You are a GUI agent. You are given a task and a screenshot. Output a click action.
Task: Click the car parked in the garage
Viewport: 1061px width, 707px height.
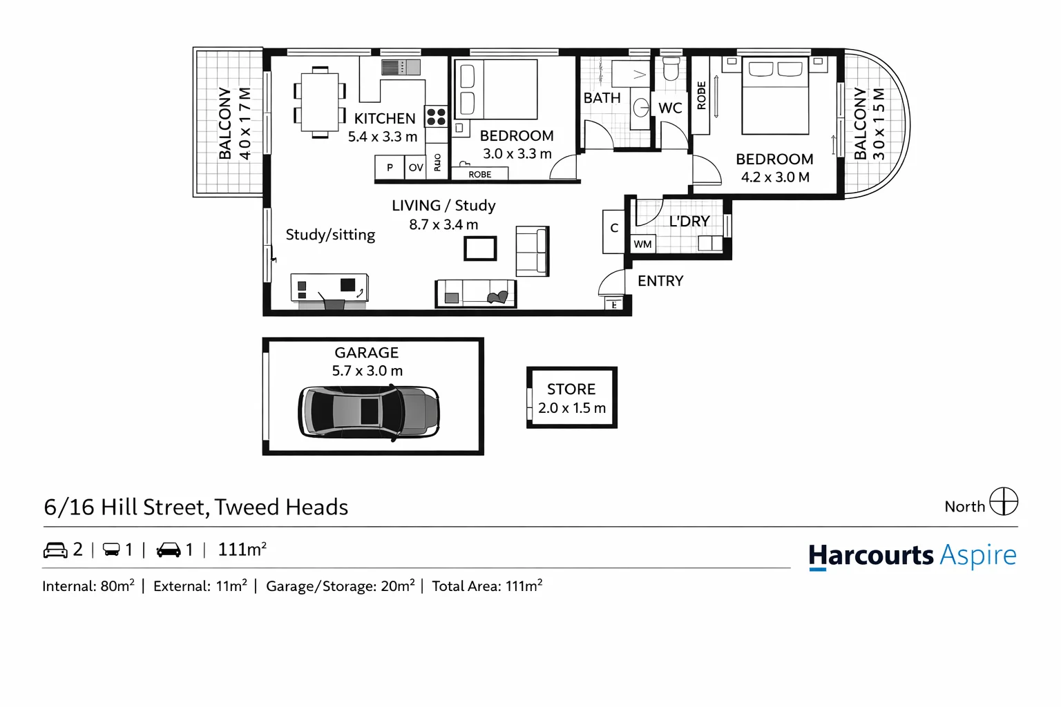[x=369, y=412]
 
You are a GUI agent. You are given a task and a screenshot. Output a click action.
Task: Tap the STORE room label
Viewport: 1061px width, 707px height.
[x=571, y=389]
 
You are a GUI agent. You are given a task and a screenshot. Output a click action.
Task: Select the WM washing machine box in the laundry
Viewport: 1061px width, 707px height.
[x=642, y=244]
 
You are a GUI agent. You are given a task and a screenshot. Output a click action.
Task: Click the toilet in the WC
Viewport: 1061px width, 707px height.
[x=671, y=68]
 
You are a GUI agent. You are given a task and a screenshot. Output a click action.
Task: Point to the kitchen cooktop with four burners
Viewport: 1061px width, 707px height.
[x=436, y=116]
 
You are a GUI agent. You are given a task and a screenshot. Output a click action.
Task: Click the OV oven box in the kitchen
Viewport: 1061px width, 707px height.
[x=416, y=168]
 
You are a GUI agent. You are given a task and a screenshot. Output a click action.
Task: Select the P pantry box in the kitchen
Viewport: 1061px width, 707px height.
[x=390, y=168]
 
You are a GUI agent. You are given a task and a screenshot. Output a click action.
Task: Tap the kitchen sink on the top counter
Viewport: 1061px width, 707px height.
[x=401, y=67]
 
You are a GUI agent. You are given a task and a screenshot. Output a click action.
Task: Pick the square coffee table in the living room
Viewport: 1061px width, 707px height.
[x=480, y=249]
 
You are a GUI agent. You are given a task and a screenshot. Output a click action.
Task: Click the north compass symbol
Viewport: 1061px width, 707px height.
[x=1003, y=502]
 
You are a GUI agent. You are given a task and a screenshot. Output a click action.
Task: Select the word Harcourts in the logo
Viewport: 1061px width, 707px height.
[x=871, y=556]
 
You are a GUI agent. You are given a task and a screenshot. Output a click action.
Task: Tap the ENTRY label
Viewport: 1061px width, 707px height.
[x=660, y=281]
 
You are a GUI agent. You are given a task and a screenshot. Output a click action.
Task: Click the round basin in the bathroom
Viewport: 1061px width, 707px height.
[x=641, y=107]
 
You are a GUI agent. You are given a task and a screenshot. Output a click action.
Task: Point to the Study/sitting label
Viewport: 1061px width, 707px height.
[x=330, y=235]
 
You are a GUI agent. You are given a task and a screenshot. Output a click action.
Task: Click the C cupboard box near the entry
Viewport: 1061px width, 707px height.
[x=613, y=229]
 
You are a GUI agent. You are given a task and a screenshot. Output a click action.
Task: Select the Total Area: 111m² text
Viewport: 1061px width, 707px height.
[x=487, y=586]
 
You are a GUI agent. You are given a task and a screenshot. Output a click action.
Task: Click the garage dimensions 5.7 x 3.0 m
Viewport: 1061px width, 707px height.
[x=367, y=371]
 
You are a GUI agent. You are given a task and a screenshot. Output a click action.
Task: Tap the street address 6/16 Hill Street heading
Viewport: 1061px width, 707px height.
[x=195, y=507]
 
